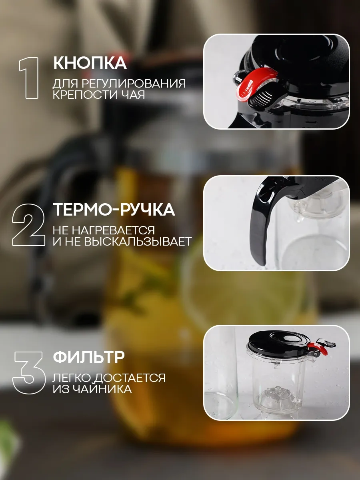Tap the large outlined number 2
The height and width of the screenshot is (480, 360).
pos(28,225)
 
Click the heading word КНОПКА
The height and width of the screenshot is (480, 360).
pos(90,63)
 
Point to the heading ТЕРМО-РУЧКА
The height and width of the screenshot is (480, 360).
pos(114,210)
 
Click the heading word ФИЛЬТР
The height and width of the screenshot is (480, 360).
pos(89,357)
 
